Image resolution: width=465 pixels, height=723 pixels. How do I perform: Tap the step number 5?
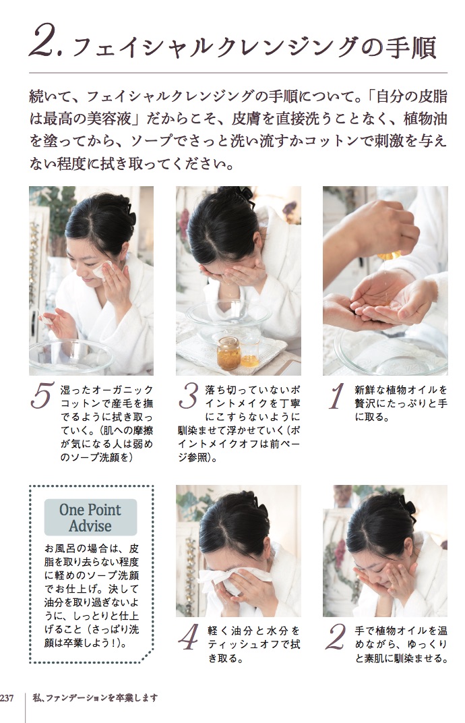(x=42, y=395)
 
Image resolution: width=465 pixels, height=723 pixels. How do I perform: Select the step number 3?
(x=189, y=395)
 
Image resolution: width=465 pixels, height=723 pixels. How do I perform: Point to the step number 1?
(x=338, y=396)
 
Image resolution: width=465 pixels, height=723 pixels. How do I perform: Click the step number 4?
(x=189, y=637)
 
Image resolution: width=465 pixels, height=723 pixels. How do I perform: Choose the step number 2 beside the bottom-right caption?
(x=335, y=637)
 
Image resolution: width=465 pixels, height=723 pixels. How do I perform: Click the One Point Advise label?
(x=90, y=517)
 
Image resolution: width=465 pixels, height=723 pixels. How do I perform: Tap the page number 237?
(x=7, y=698)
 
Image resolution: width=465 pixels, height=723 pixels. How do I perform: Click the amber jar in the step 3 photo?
(x=228, y=353)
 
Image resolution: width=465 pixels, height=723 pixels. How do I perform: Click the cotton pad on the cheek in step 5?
(x=102, y=269)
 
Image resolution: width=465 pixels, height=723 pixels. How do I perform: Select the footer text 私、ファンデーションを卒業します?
(x=96, y=698)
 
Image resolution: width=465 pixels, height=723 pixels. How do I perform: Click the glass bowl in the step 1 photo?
(x=392, y=353)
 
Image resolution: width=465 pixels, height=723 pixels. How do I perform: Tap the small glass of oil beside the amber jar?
(x=249, y=355)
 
